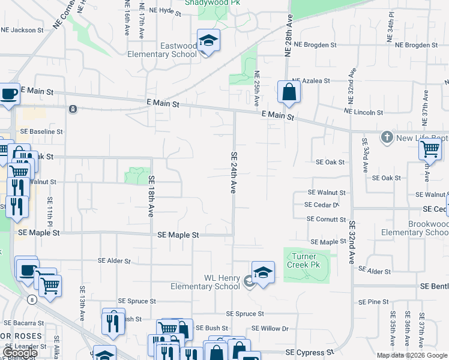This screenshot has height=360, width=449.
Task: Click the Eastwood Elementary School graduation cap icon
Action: [208, 40]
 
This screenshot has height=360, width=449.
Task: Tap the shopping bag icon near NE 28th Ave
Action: [289, 92]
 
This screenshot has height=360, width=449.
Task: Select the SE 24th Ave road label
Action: [234, 172]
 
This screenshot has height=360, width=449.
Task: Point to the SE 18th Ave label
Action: [151, 196]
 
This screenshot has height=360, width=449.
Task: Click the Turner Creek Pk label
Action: [306, 260]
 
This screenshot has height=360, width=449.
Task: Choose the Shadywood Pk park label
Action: [208, 2]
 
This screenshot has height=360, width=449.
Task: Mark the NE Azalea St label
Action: [311, 80]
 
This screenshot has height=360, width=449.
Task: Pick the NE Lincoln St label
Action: [363, 112]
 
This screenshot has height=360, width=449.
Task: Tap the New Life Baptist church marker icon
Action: [387, 137]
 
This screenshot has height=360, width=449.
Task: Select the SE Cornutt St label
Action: [326, 219]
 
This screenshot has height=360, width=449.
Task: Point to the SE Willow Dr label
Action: [270, 328]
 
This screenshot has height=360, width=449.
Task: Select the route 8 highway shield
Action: [32, 299]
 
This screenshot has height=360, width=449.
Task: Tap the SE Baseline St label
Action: [41, 131]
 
